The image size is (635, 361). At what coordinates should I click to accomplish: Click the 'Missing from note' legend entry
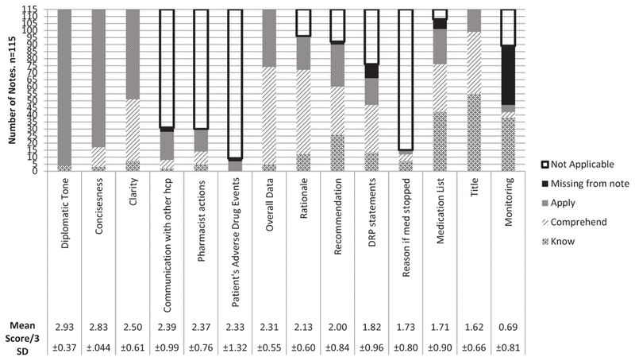point(589,183)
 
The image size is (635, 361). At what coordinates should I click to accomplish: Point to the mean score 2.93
point(64,326)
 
